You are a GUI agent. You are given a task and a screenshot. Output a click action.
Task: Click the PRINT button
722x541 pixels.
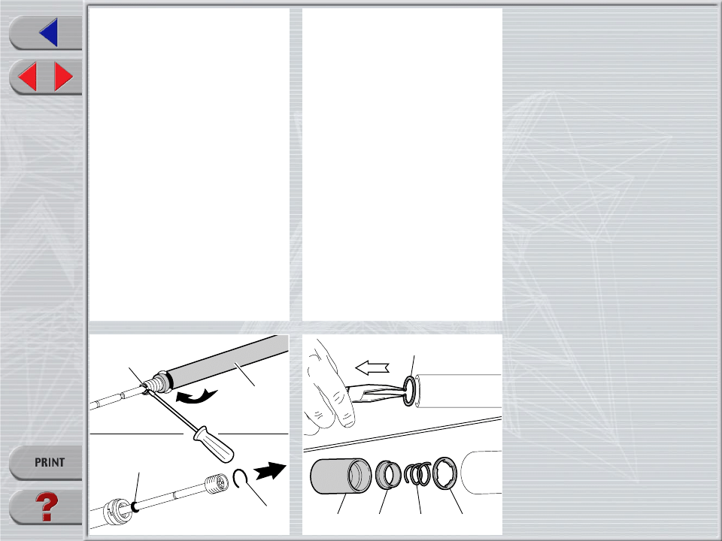[47, 462]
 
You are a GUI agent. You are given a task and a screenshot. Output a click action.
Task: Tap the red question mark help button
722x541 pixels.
[47, 508]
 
